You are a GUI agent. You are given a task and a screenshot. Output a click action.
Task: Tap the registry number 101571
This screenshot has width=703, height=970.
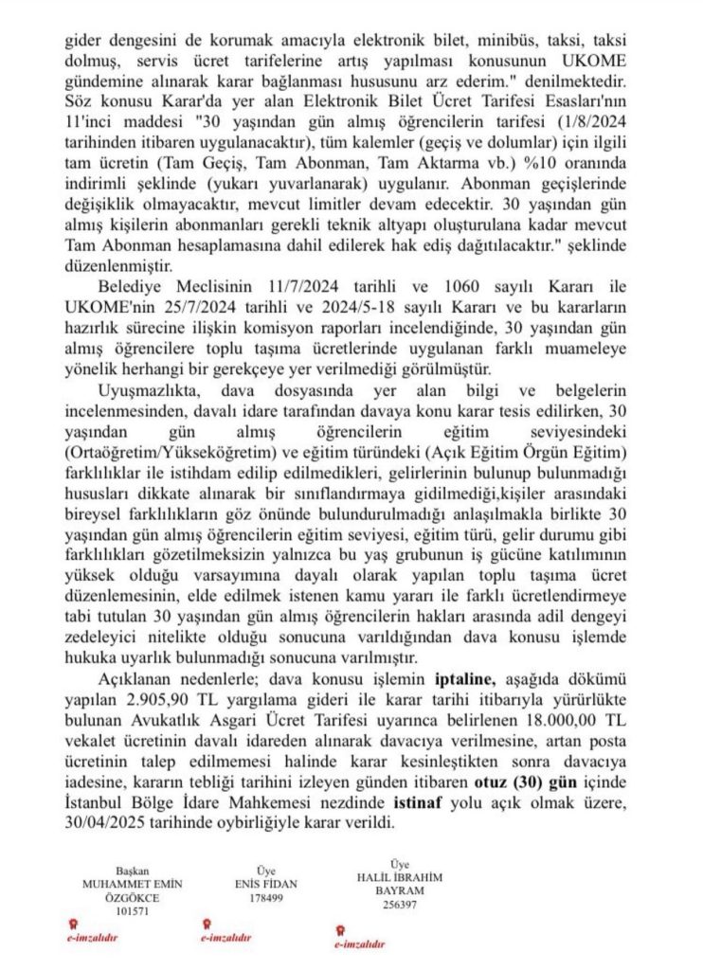[134, 910]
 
